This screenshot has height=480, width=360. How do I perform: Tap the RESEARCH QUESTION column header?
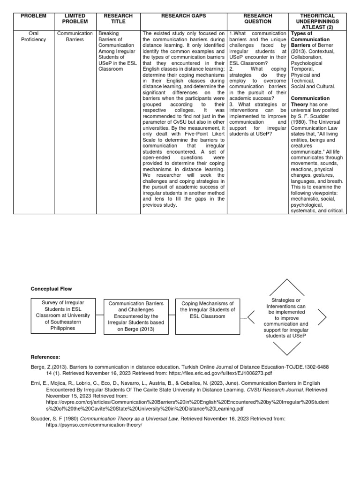(257, 19)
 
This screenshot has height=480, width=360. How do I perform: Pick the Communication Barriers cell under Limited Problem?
(75, 37)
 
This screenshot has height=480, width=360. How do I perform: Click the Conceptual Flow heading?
(52, 289)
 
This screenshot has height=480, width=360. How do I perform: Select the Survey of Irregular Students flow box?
(62, 315)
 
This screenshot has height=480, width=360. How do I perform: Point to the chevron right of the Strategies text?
(322, 317)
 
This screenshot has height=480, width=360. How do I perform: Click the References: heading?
(45, 357)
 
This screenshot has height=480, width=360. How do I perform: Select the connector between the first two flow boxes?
(100, 315)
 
